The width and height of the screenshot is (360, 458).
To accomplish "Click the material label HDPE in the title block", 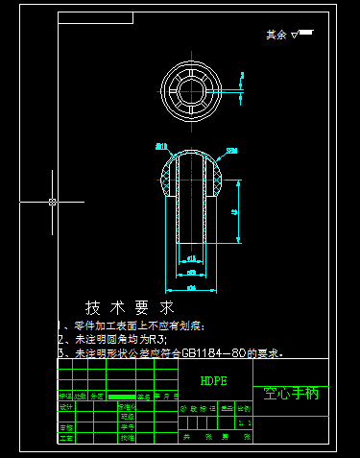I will click(x=214, y=381).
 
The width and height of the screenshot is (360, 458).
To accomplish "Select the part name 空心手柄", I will click(x=290, y=394).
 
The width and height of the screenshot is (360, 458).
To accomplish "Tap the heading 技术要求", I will click(x=130, y=308).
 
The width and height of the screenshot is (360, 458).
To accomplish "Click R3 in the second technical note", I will click(x=156, y=340).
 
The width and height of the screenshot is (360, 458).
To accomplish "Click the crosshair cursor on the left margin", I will click(x=53, y=202).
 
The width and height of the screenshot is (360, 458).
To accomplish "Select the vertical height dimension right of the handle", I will click(x=236, y=211).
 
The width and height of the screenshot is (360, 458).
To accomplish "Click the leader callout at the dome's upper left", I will click(x=161, y=146).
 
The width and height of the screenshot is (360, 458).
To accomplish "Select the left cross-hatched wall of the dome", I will click(x=169, y=178).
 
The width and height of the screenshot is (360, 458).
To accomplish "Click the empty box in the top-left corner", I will click(x=95, y=17).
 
